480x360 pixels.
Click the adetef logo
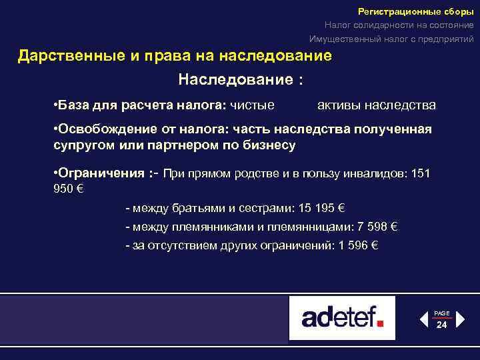pos(342,317)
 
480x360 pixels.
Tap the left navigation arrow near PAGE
pos(423,319)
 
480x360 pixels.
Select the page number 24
pos(442,325)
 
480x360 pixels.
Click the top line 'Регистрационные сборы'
pos(415,11)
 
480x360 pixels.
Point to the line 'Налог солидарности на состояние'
pos(399,25)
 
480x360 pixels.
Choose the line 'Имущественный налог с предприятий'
pos(391,39)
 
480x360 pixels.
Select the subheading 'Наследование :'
pos(240,79)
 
